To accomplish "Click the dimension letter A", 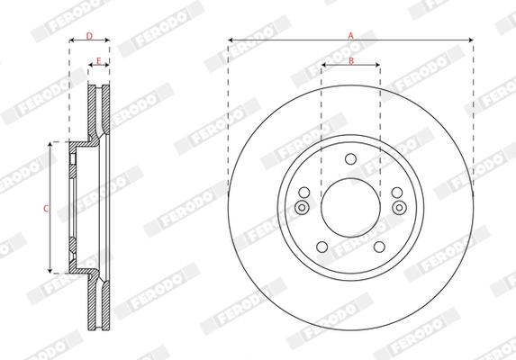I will [x=351, y=34].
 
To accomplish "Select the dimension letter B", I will [x=351, y=60].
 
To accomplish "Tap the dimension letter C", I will [x=45, y=208].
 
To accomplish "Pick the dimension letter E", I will [x=98, y=60].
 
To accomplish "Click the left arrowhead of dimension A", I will [x=231, y=40].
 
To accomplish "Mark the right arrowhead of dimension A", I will [x=470, y=40].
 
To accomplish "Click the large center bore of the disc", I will [x=350, y=207].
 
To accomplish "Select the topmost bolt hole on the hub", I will [x=350, y=160].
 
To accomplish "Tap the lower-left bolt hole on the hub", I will [x=322, y=246].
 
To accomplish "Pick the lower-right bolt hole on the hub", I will [x=378, y=246].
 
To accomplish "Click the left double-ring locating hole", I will [x=302, y=208].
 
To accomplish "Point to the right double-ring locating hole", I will [x=399, y=208].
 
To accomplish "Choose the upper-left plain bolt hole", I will [x=305, y=192].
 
